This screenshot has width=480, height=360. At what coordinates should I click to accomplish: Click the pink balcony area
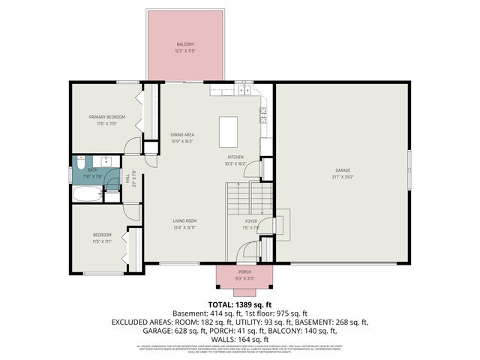tap(187, 45)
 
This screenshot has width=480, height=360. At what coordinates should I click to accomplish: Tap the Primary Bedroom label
tap(106, 117)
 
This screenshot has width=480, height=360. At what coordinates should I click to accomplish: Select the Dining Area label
tap(182, 134)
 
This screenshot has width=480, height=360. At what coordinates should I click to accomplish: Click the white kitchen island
tap(230, 132)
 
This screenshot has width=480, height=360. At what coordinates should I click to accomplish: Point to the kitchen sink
tap(244, 91)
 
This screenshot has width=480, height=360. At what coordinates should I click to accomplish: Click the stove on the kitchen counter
tap(264, 114)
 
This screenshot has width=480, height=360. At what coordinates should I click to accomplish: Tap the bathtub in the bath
tap(86, 194)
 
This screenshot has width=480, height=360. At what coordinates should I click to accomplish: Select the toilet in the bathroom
tap(80, 163)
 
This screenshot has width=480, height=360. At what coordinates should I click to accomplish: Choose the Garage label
tap(342, 170)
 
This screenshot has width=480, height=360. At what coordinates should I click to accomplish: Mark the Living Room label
tap(184, 220)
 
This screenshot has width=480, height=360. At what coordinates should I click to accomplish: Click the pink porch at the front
tap(244, 277)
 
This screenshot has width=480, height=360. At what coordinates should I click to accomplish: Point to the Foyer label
tap(251, 221)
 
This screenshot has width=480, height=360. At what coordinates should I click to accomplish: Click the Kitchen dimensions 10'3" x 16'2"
tap(235, 163)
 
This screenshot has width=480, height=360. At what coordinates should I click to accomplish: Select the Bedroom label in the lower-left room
tap(102, 235)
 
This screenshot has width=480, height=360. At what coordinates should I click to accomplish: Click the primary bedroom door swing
tap(132, 146)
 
